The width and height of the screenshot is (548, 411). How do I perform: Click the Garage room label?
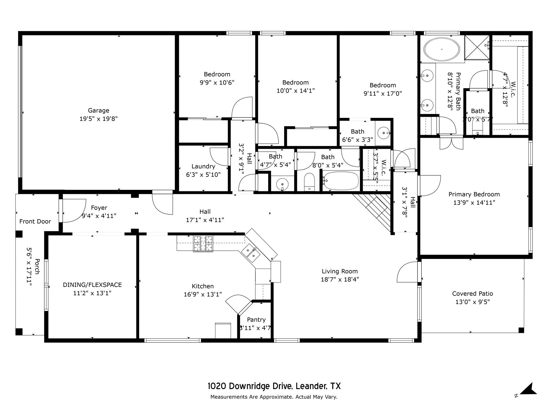pos(98,110)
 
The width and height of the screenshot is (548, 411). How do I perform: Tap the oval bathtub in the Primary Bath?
pos(442,49)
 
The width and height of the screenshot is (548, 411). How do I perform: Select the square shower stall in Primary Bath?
pos(477,47)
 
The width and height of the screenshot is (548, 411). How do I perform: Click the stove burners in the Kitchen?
pos(203,244)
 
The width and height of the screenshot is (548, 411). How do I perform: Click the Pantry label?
pos(256,320)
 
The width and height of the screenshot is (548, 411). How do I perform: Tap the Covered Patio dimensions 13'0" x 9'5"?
pos(473,302)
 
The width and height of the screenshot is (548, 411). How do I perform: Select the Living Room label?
pos(340,271)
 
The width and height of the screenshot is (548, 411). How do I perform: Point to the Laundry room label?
pos(203,166)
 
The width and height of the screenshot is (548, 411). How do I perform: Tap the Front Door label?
pos(35,222)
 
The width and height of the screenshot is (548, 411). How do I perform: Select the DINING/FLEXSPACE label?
pos(92,285)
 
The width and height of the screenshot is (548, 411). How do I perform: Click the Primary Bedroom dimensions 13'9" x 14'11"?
pos(474,203)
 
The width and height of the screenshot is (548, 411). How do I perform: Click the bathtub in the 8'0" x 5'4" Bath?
pos(340,181)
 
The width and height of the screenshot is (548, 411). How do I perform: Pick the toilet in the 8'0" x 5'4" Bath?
pos(310,182)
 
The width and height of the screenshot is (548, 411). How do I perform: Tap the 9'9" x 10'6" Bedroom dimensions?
pos(217,82)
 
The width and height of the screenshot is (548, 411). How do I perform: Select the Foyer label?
pos(99,208)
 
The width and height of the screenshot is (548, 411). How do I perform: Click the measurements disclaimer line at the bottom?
pos(274,397)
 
